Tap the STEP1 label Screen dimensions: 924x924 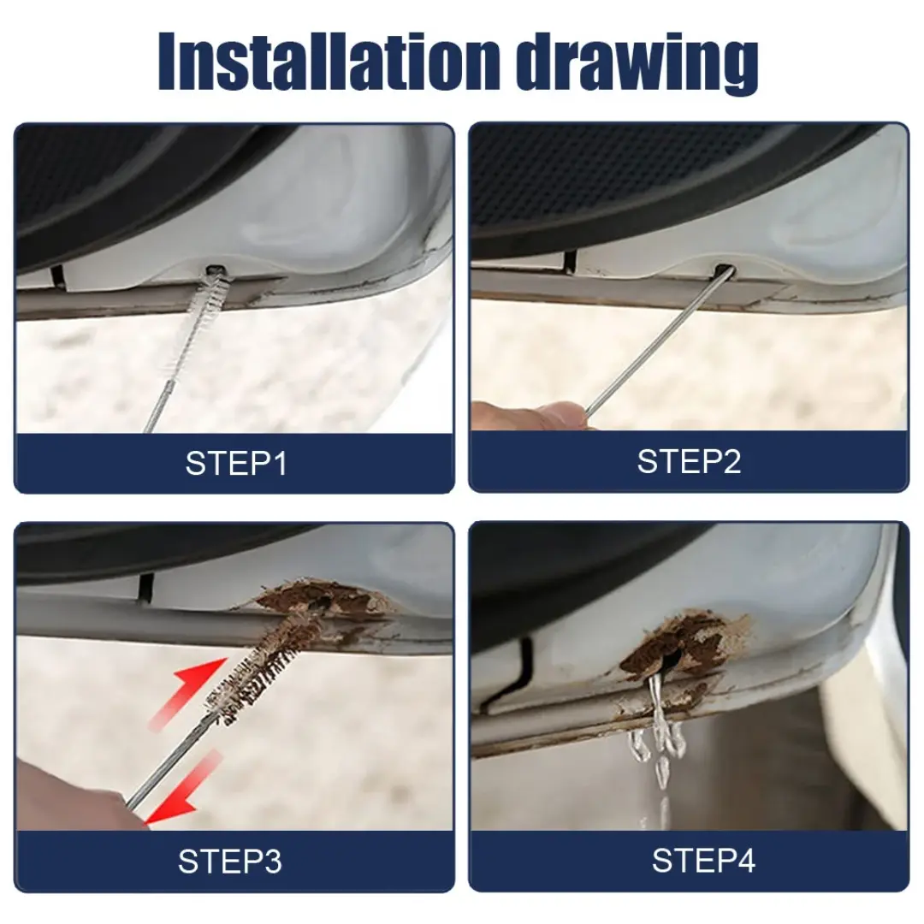[235, 464]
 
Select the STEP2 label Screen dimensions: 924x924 [689, 461]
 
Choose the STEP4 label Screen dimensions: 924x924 [703, 860]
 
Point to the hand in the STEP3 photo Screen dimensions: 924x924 [68, 800]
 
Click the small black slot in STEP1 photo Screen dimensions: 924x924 [56, 275]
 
